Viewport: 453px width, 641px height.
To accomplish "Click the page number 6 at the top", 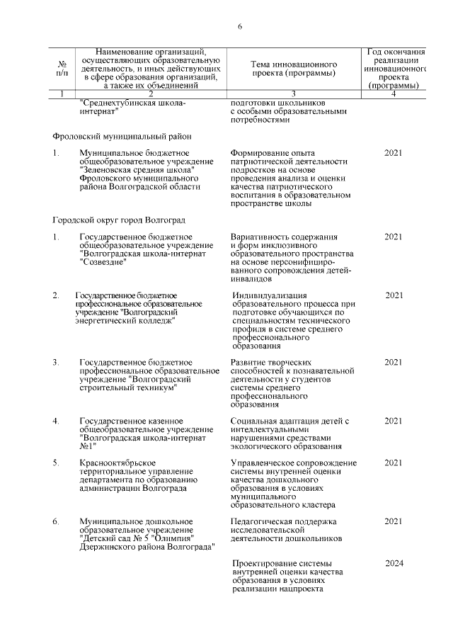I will pyautogui.click(x=240, y=27).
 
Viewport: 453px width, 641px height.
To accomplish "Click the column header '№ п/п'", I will pyautogui.click(x=62, y=68).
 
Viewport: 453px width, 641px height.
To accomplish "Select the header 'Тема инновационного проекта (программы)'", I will pyautogui.click(x=293, y=68).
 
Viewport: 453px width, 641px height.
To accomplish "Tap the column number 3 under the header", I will pyautogui.click(x=293, y=93).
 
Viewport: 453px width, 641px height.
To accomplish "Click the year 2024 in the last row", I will pyautogui.click(x=394, y=563).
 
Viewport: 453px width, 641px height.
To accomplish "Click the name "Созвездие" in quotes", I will pyautogui.click(x=103, y=263).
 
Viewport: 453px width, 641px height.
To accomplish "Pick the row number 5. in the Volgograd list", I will pyautogui.click(x=56, y=463).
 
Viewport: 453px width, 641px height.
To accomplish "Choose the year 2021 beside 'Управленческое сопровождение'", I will pyautogui.click(x=394, y=463).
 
